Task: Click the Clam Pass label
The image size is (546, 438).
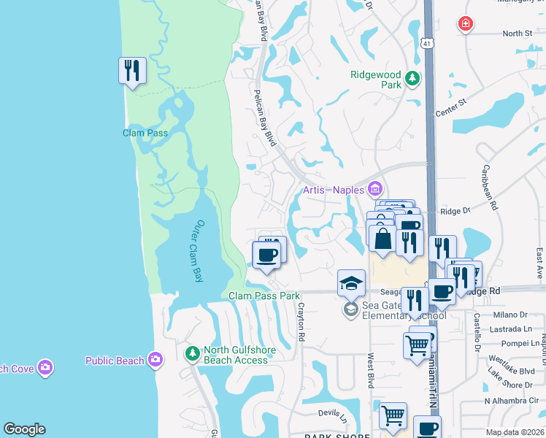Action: click(145, 133)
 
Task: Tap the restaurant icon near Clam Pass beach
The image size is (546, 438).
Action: click(132, 71)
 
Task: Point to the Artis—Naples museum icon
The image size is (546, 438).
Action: click(376, 190)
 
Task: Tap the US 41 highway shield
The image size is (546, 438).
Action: click(428, 43)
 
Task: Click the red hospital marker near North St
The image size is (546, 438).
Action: click(465, 25)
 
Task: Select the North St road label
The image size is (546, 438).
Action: click(517, 34)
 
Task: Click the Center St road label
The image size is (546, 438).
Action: click(450, 113)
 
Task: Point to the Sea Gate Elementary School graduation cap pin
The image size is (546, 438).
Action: click(351, 283)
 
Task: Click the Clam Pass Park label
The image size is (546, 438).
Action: click(264, 296)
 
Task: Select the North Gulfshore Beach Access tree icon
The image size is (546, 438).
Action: click(193, 354)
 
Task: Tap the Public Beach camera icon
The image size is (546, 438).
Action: click(155, 359)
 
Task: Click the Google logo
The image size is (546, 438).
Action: click(24, 429)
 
